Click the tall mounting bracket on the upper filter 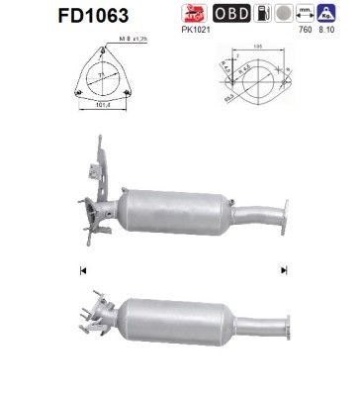click(x=104, y=158)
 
